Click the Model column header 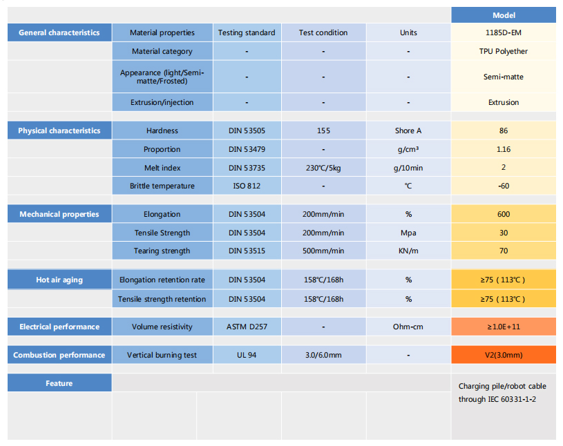click(504, 15)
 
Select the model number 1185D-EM click(504, 32)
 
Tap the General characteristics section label click(59, 32)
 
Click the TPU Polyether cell click(504, 51)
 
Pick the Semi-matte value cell click(504, 77)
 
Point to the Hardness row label click(162, 130)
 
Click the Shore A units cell click(408, 130)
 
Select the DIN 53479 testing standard click(247, 149)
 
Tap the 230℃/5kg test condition click(323, 167)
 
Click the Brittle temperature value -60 click(504, 186)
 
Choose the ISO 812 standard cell click(247, 186)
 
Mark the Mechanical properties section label click(59, 214)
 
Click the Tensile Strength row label click(162, 233)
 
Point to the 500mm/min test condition click(323, 251)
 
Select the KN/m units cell click(408, 251)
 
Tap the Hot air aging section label click(59, 280)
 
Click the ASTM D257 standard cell click(247, 327)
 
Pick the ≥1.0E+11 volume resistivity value click(504, 327)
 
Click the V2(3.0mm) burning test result click(504, 355)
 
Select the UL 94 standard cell click(247, 355)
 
